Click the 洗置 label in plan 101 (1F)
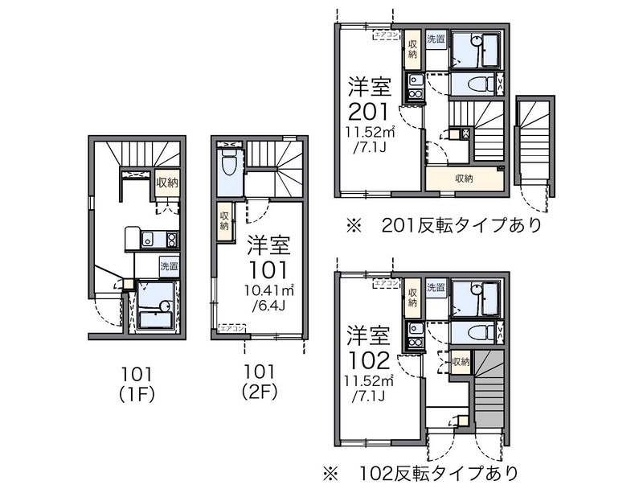tap(168, 266)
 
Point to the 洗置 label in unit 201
tap(436, 39)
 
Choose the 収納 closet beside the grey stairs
tap(461, 362)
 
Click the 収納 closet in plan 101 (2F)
tap(224, 220)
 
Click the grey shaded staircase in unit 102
tap(488, 390)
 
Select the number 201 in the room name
tap(369, 110)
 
